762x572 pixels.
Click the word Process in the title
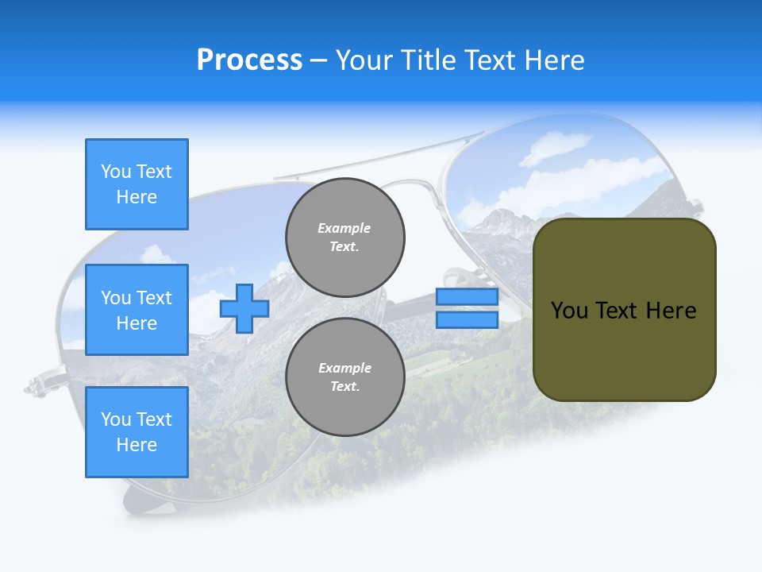point(249,60)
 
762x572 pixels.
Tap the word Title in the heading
point(426,60)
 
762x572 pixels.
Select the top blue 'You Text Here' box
point(137,184)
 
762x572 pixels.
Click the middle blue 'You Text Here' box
point(137,310)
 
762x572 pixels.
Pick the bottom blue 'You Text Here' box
point(137,432)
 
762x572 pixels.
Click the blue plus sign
point(244,308)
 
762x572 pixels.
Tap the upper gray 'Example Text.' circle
point(345,237)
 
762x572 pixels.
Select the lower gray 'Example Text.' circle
point(345,377)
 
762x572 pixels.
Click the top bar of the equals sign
point(467,297)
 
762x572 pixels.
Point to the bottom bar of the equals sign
point(467,319)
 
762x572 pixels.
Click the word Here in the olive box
point(671,311)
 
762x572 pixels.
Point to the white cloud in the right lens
point(556,148)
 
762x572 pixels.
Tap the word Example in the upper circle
point(344,228)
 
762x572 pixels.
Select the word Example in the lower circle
point(344,368)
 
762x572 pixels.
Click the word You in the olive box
point(568,311)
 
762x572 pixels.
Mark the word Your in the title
point(364,60)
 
